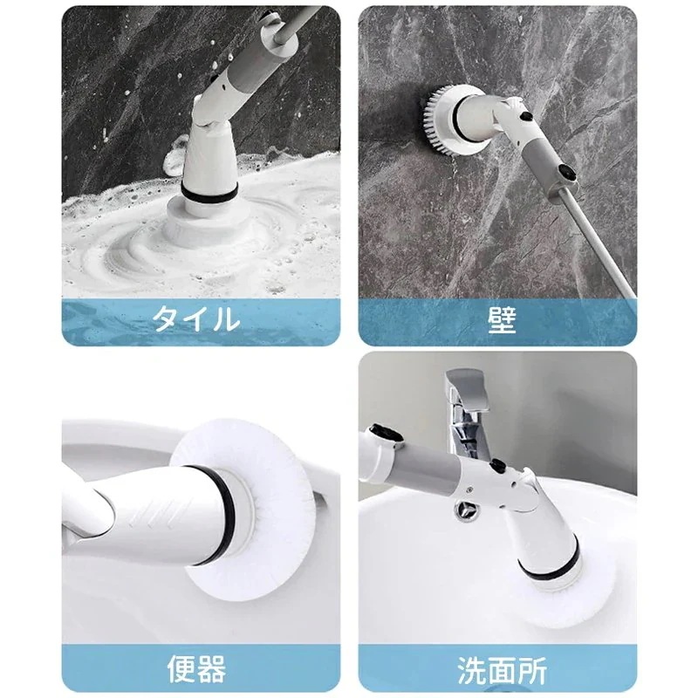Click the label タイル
(195, 318)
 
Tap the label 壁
(501, 318)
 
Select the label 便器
(195, 667)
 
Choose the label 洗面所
(501, 667)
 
